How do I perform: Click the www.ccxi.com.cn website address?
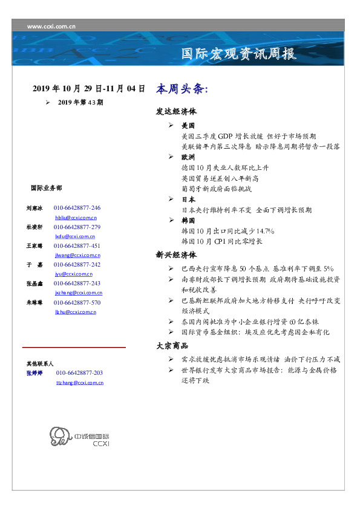[51, 26]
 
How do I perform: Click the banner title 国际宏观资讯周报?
[239, 54]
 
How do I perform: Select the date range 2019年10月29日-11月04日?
[88, 88]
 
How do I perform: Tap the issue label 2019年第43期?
[80, 102]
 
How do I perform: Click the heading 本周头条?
[182, 88]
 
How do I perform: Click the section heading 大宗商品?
[172, 346]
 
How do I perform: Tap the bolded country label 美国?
[188, 126]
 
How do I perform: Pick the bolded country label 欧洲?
[188, 156]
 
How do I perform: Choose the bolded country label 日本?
[188, 199]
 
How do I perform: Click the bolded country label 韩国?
[188, 221]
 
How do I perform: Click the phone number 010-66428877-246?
[77, 208]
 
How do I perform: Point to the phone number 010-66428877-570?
[77, 302]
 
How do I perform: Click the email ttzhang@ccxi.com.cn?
[79, 382]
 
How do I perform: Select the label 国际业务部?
[46, 187]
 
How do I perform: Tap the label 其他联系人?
[40, 363]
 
